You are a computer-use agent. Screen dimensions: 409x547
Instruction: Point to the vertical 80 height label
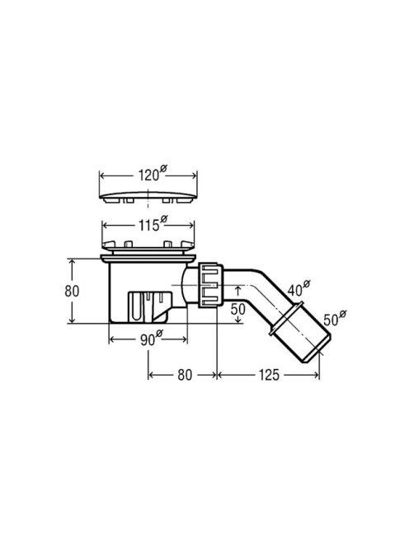pyautogui.click(x=72, y=291)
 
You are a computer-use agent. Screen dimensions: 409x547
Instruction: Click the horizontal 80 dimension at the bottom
pyautogui.click(x=185, y=375)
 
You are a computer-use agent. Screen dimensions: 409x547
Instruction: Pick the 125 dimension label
pyautogui.click(x=269, y=375)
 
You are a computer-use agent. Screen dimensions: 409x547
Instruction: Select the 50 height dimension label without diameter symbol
pyautogui.click(x=237, y=309)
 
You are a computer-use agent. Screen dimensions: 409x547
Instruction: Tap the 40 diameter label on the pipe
pyautogui.click(x=299, y=288)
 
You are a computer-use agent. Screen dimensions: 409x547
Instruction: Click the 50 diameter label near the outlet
pyautogui.click(x=335, y=319)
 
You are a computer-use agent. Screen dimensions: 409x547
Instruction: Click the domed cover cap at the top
pyautogui.click(x=148, y=197)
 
